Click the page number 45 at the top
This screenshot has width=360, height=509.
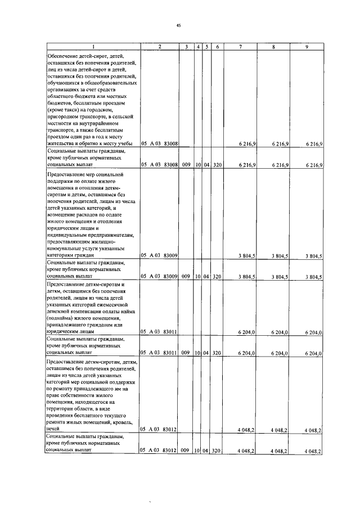tap(179, 25)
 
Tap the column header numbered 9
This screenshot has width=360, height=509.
tap(307, 46)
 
